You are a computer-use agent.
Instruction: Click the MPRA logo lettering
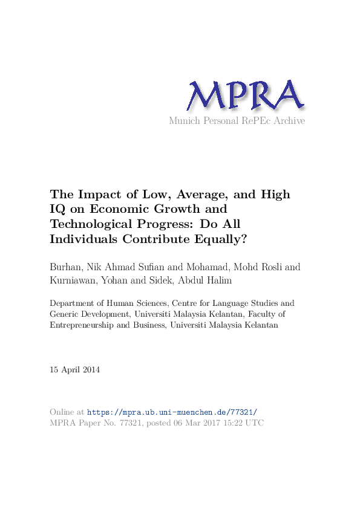coord(244,96)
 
